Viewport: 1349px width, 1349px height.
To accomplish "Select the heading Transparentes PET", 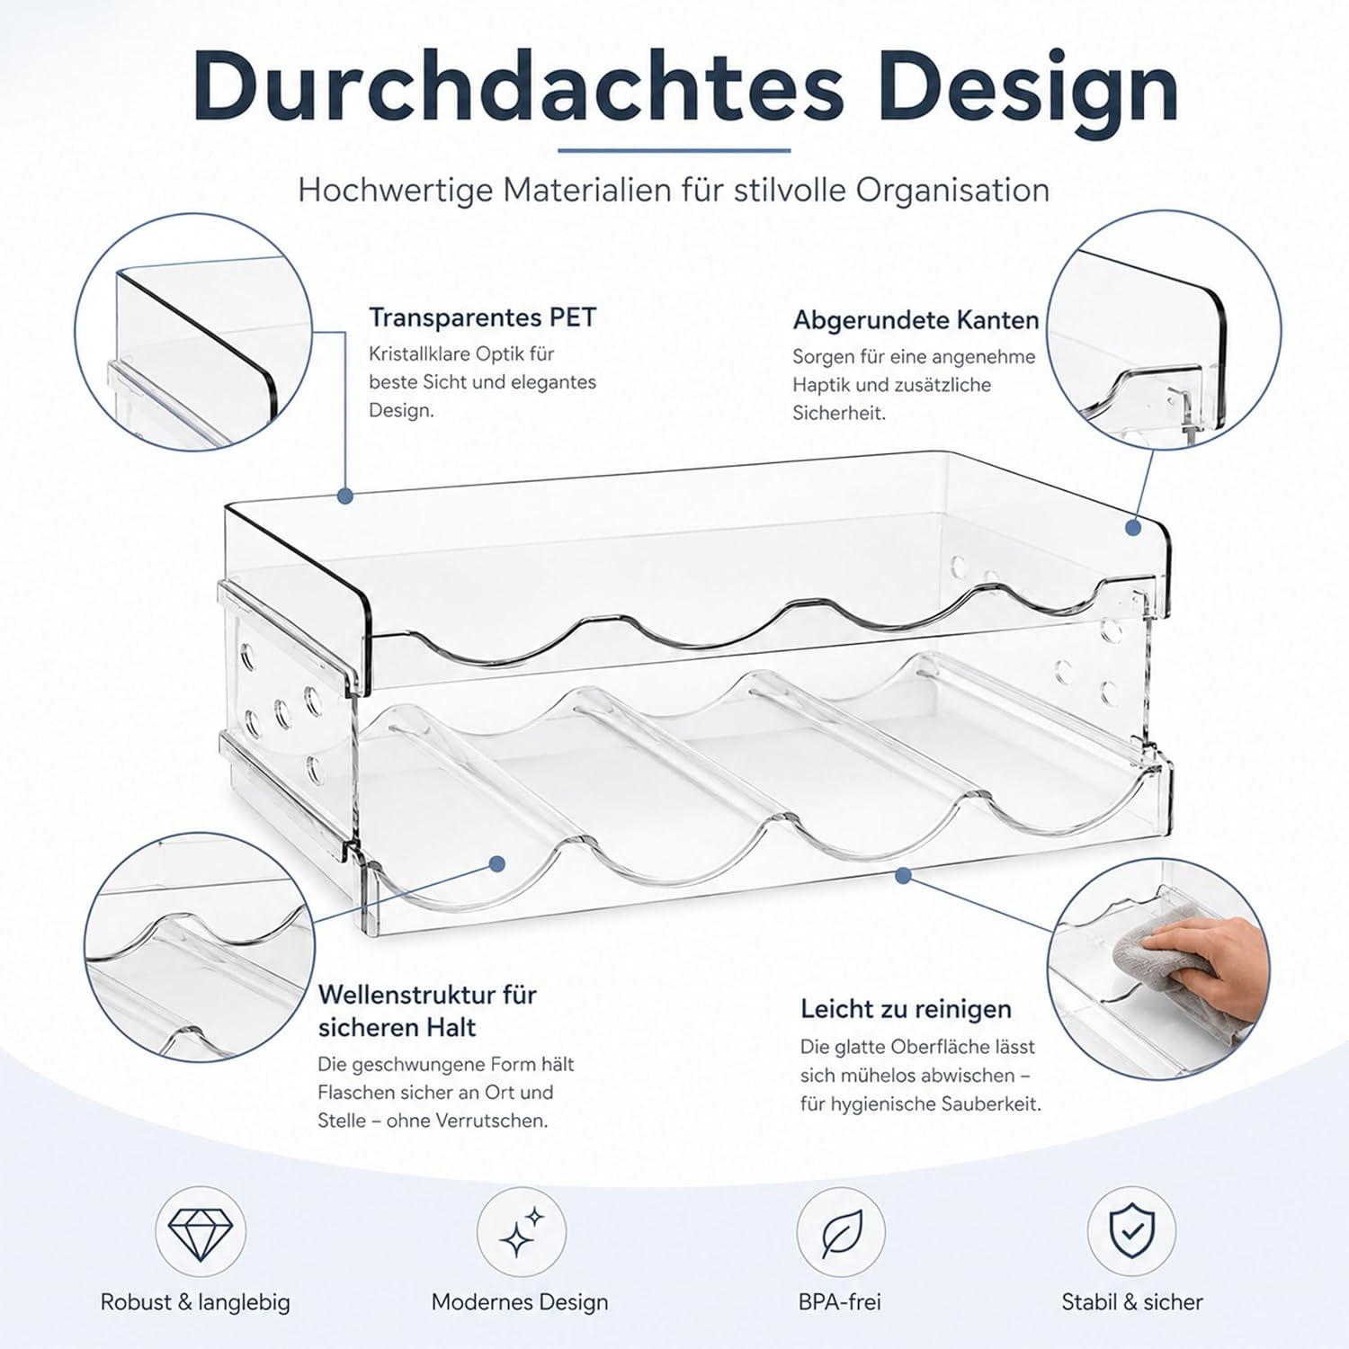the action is [x=483, y=317].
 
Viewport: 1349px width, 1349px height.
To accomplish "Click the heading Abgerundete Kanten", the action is [x=916, y=320].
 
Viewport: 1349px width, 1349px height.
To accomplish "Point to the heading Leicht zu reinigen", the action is [x=906, y=1009].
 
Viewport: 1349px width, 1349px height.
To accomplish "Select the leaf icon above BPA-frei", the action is [x=842, y=1232].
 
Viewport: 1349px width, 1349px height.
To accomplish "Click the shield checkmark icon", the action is [x=1132, y=1231].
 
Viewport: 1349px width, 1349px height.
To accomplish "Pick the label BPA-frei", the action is [x=840, y=1301].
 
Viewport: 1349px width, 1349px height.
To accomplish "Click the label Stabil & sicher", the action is [x=1132, y=1301].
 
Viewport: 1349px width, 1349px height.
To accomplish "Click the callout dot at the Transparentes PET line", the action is [x=345, y=496].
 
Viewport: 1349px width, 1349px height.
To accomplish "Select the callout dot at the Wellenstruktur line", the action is [x=496, y=864].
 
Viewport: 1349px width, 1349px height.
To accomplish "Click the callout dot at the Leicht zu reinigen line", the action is [x=904, y=874].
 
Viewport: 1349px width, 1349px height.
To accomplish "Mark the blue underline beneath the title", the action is [x=674, y=150].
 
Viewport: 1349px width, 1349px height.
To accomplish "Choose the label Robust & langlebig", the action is [x=195, y=1302].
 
